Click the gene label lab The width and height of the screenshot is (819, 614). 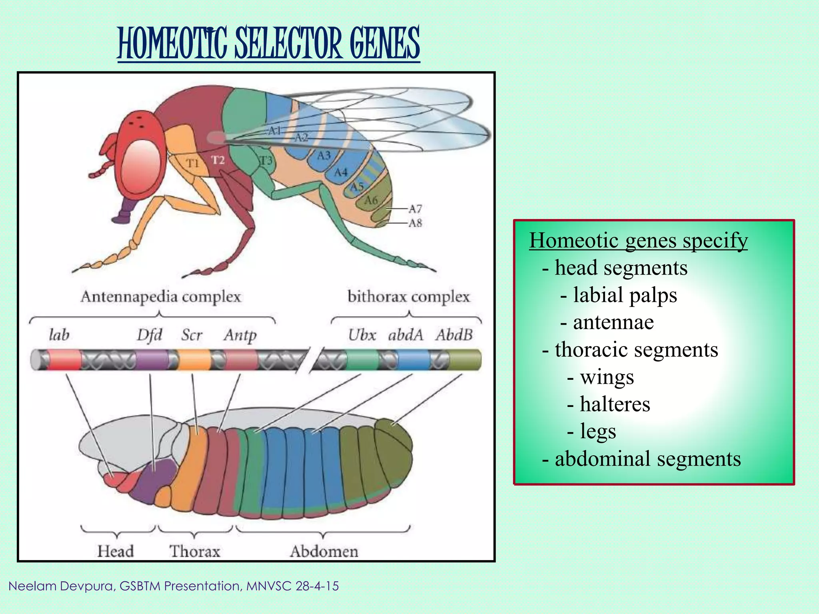point(59,335)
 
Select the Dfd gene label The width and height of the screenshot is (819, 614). point(149,335)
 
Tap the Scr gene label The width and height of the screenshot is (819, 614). point(192,335)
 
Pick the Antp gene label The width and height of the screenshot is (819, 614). point(240,335)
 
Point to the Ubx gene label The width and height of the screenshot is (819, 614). point(362,335)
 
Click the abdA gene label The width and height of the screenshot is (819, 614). point(406,335)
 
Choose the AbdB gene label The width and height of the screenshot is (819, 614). point(454,335)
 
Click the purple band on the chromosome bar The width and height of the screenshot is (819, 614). point(152,359)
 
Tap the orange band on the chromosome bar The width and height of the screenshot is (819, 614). point(194,359)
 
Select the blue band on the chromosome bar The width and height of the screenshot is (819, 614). point(413,359)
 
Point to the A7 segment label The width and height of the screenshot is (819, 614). point(415,209)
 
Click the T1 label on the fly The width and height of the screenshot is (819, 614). point(192,163)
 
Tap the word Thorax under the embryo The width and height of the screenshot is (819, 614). point(195,551)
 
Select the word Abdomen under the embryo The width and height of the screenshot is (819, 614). point(324,551)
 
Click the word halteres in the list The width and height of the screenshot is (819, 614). point(615,404)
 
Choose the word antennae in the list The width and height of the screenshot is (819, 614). point(613,322)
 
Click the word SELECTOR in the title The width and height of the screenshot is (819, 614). point(288,43)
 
